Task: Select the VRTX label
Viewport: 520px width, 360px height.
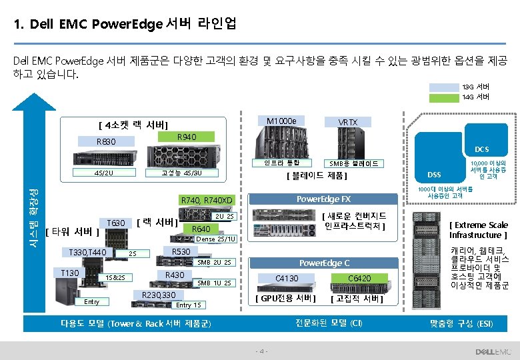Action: pos(347,123)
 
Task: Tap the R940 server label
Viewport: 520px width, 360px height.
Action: pos(187,137)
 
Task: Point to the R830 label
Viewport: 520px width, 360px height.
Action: pos(106,141)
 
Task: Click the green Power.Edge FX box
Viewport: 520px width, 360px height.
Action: pos(323,199)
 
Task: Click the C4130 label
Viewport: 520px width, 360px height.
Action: pos(287,278)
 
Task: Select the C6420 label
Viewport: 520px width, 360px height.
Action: pos(360,278)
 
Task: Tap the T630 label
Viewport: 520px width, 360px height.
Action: pos(115,222)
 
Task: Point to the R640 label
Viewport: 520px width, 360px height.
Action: pos(201,229)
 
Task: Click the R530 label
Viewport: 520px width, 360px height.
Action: pos(181,251)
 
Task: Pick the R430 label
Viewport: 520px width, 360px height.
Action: pos(175,275)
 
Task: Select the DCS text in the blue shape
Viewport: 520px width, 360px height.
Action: pos(482,149)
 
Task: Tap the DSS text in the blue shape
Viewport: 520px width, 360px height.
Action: pos(434,175)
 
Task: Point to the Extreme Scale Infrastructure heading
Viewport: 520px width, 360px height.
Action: pos(479,230)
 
